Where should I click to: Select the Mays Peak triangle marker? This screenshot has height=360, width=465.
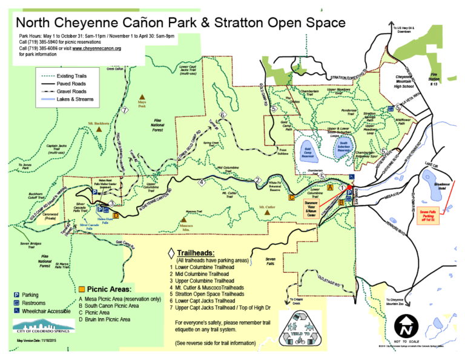click(142, 97)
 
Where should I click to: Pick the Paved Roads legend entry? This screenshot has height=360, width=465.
click(56, 83)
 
